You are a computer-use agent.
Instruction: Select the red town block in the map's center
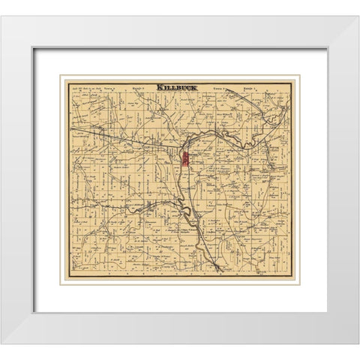tap(184, 159)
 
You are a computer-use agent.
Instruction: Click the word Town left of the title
tap(110, 87)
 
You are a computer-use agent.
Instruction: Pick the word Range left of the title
tap(137, 87)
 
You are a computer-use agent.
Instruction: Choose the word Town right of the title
tap(218, 87)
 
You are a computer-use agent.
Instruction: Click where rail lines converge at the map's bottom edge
tap(218, 268)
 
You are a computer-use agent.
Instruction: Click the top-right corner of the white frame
tap(358, 16)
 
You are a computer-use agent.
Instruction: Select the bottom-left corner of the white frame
tap(1, 343)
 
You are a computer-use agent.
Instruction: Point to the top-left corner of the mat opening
tap(33, 49)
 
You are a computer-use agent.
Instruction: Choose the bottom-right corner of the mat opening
tap(327, 312)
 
